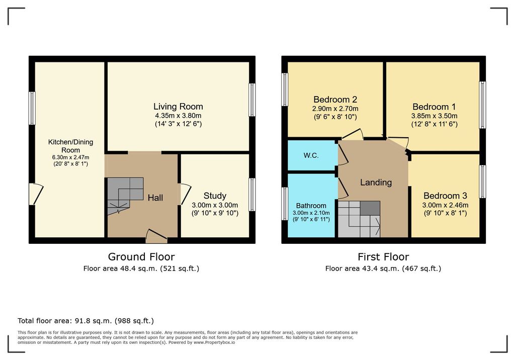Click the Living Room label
pos(178,107)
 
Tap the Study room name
pos(215,196)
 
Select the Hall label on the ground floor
pos(155,198)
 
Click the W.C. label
pos(311,155)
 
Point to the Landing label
pos(376,183)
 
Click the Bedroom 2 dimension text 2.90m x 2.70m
pos(335,109)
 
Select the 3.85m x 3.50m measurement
pos(434,116)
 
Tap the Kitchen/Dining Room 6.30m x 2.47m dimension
pos(70,157)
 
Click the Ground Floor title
pos(141,256)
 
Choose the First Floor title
pos(383,256)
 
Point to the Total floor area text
pos(85,321)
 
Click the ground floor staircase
pos(125,196)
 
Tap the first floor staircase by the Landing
pos(359,219)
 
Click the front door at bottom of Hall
pos(157,236)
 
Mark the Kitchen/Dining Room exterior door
pos(36,194)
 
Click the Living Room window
pos(252,100)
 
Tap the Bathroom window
pos(285,204)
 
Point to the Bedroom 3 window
pos(482,182)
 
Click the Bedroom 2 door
pos(352,134)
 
